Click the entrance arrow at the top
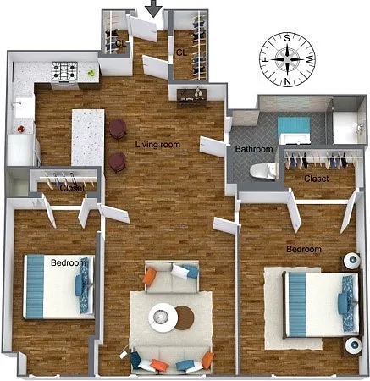point(154,8)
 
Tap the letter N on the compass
point(287,81)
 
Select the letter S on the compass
point(287,38)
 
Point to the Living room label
point(157,145)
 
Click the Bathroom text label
point(254,149)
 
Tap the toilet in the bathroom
point(263,170)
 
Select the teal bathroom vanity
point(294,128)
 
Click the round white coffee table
point(163,317)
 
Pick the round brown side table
point(185,317)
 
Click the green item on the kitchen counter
point(91,73)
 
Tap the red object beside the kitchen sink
point(21,130)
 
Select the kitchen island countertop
point(88,137)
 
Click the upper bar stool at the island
point(118,129)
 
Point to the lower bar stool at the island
point(118,162)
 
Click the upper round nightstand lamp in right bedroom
point(351,261)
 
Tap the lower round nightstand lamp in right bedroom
point(353,345)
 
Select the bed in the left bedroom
point(58,287)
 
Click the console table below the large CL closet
point(192,97)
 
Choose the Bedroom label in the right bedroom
point(304,249)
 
